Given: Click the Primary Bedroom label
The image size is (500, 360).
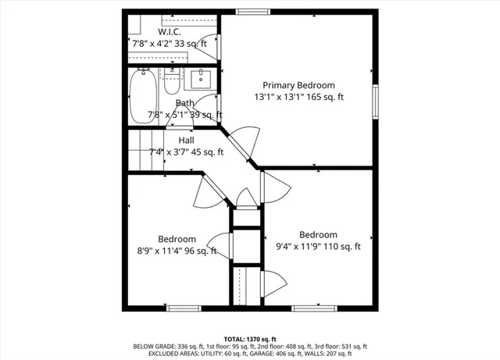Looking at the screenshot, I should pyautogui.click(x=298, y=85).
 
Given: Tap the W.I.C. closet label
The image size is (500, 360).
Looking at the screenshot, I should pyautogui.click(x=170, y=32).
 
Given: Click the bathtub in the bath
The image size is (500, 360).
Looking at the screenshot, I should pyautogui.click(x=143, y=96).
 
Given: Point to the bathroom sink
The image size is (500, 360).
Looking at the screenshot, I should pyautogui.click(x=201, y=79).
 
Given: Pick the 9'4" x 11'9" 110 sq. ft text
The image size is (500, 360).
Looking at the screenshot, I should pyautogui.click(x=319, y=247).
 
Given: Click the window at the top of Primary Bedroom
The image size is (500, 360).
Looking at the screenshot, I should pyautogui.click(x=250, y=11).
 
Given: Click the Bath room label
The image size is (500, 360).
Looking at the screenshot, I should pyautogui.click(x=185, y=103).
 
